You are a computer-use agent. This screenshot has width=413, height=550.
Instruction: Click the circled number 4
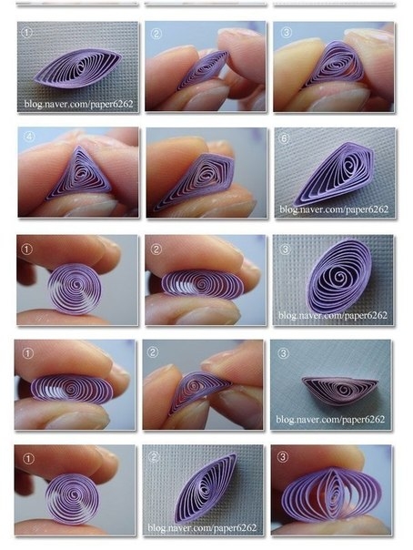[x=29, y=137]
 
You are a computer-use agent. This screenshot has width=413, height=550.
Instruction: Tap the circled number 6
[x=285, y=139]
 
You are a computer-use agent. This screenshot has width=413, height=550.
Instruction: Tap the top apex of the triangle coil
[x=79, y=147]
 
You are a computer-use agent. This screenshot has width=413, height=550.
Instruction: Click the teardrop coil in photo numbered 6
[x=334, y=173]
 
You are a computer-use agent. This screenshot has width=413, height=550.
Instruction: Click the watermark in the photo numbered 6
[x=334, y=209]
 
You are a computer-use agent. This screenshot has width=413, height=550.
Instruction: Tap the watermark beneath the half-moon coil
[x=330, y=419]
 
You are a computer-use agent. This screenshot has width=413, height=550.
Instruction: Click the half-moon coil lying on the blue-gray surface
[x=340, y=390]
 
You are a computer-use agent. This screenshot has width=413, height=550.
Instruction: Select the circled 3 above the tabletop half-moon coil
[x=283, y=353]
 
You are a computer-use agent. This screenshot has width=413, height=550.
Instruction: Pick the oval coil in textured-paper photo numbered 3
[x=338, y=277]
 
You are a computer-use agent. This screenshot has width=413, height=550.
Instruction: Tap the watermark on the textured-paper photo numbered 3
[x=333, y=315]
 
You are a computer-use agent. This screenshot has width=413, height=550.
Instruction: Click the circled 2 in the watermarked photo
[x=153, y=457]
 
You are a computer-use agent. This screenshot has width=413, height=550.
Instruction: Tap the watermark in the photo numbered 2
[x=202, y=527]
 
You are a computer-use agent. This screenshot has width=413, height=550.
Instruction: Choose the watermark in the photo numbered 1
[x=79, y=104]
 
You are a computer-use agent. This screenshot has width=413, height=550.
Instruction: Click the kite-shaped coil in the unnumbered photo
[x=194, y=182]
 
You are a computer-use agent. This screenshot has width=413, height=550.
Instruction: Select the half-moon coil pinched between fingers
[x=199, y=392]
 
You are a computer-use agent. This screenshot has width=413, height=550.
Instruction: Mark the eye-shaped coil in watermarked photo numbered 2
[x=205, y=488]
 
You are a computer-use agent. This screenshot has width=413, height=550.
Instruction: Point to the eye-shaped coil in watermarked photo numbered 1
[x=78, y=68]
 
